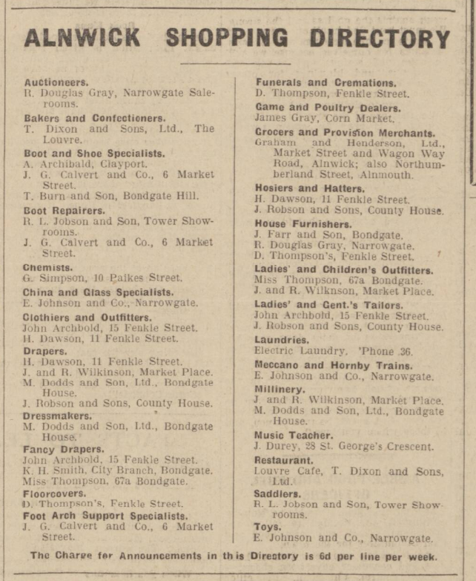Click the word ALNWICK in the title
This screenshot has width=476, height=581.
pyautogui.click(x=82, y=37)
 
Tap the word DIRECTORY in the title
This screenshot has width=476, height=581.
pyautogui.click(x=379, y=37)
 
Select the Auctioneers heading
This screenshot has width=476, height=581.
pyautogui.click(x=56, y=82)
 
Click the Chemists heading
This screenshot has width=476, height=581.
pyautogui.click(x=47, y=266)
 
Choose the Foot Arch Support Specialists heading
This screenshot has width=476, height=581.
pyautogui.click(x=105, y=516)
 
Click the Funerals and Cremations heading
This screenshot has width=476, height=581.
pyautogui.click(x=325, y=82)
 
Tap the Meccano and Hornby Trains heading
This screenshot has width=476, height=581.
pyautogui.click(x=333, y=365)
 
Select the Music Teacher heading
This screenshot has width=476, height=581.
pyautogui.click(x=294, y=435)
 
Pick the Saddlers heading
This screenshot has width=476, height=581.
pyautogui.click(x=278, y=493)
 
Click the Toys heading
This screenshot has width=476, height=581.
pyautogui.click(x=268, y=527)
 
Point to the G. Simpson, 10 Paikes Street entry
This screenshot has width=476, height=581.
pyautogui.click(x=102, y=278)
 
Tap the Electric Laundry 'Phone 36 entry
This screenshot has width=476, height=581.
pyautogui.click(x=323, y=351)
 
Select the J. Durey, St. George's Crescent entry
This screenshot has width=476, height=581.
pyautogui.click(x=343, y=447)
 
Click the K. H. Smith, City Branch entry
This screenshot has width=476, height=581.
pyautogui.click(x=116, y=470)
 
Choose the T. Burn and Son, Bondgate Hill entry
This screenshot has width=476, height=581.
pyautogui.click(x=110, y=196)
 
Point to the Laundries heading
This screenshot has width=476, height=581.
pyautogui.click(x=281, y=339)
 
